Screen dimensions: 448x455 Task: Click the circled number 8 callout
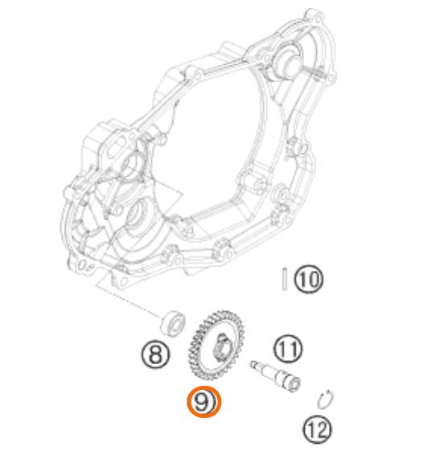click(x=155, y=355)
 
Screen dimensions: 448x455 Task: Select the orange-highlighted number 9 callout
click(x=204, y=402)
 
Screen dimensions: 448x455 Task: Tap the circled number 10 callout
click(x=308, y=279)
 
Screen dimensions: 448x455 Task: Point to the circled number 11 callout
click(x=288, y=348)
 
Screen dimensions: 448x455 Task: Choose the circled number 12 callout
click(x=317, y=429)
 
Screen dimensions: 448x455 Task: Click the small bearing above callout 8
click(x=174, y=323)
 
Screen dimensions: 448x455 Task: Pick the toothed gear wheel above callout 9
click(x=216, y=346)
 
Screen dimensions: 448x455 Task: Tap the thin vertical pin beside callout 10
click(x=285, y=279)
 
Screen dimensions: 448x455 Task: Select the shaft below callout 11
click(x=275, y=375)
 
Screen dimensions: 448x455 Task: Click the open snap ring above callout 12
click(x=325, y=400)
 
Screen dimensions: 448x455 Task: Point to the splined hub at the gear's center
click(x=221, y=347)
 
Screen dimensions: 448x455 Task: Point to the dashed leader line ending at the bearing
click(x=129, y=301)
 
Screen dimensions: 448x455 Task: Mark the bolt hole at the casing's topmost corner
click(x=319, y=19)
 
